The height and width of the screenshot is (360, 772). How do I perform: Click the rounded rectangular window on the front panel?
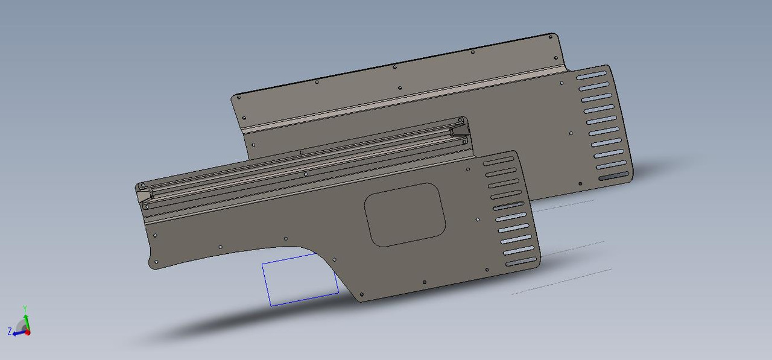tap(405, 214)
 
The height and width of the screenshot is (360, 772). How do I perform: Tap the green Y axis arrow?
tap(25, 315)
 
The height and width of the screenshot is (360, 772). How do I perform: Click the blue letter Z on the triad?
tap(10, 332)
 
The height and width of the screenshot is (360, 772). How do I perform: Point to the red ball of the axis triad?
tap(28, 332)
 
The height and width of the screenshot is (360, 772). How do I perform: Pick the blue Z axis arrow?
tap(18, 330)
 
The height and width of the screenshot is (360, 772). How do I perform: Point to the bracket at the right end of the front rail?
tap(460, 130)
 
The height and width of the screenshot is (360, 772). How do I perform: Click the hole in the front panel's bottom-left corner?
tap(156, 262)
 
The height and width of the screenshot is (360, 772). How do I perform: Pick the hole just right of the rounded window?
tap(478, 220)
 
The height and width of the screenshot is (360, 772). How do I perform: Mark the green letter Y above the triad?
tap(25, 308)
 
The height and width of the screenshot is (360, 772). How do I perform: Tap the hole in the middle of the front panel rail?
tap(306, 174)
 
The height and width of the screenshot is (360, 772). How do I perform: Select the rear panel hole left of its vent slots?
tap(571, 133)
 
